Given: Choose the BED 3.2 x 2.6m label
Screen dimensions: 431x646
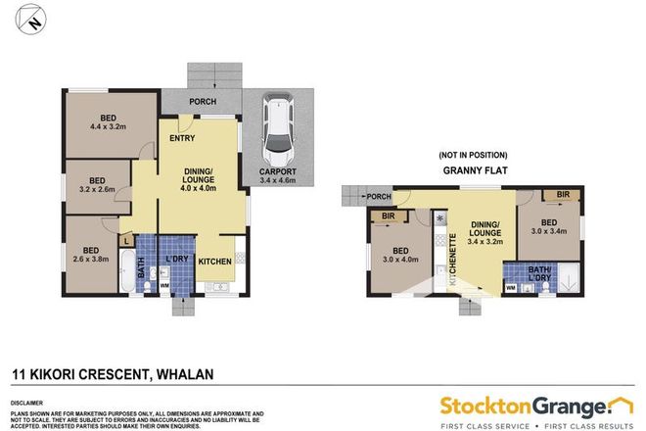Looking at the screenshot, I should [98, 185].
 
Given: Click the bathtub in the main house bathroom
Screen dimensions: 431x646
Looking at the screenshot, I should [126, 270].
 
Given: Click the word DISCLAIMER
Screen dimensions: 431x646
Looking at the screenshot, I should [29, 402].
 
